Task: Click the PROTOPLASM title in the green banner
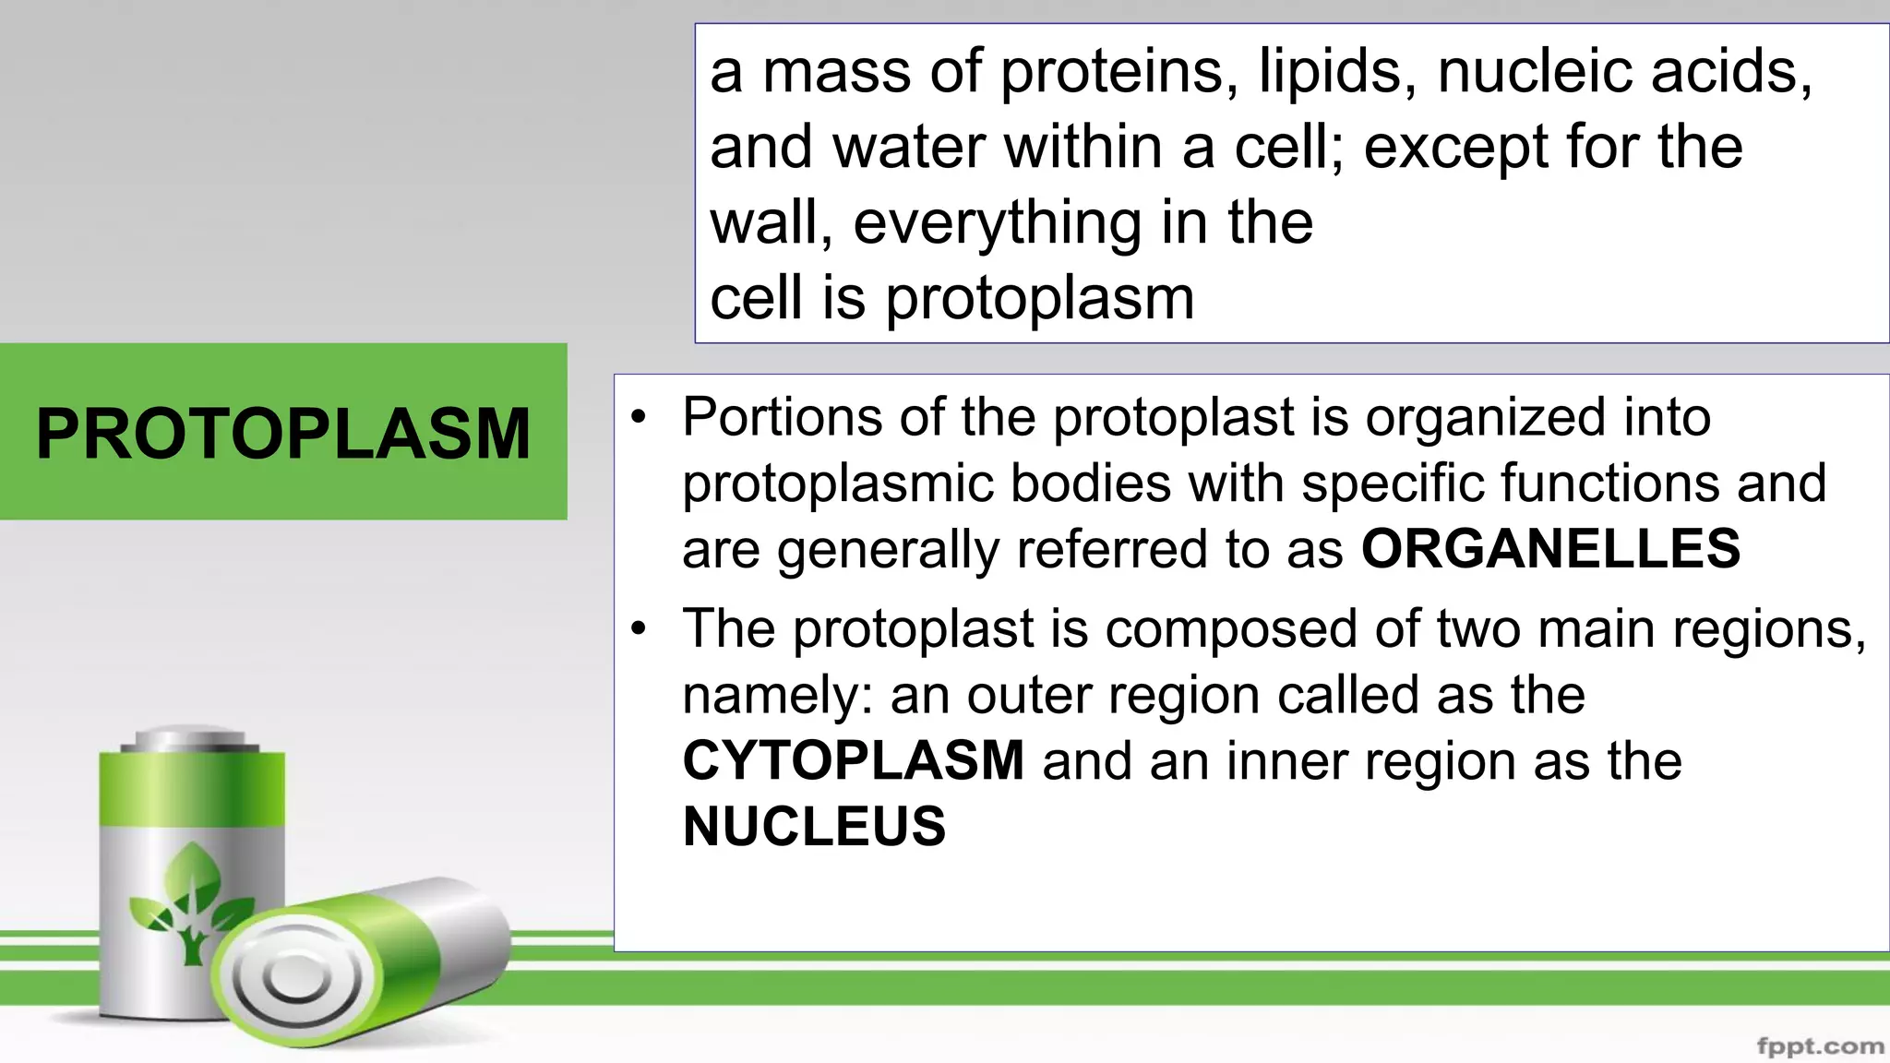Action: point(283,433)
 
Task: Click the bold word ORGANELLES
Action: point(1550,548)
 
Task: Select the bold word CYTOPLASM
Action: point(853,760)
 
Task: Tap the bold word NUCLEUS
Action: point(814,826)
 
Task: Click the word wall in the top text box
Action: point(770,223)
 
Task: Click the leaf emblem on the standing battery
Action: point(192,900)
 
